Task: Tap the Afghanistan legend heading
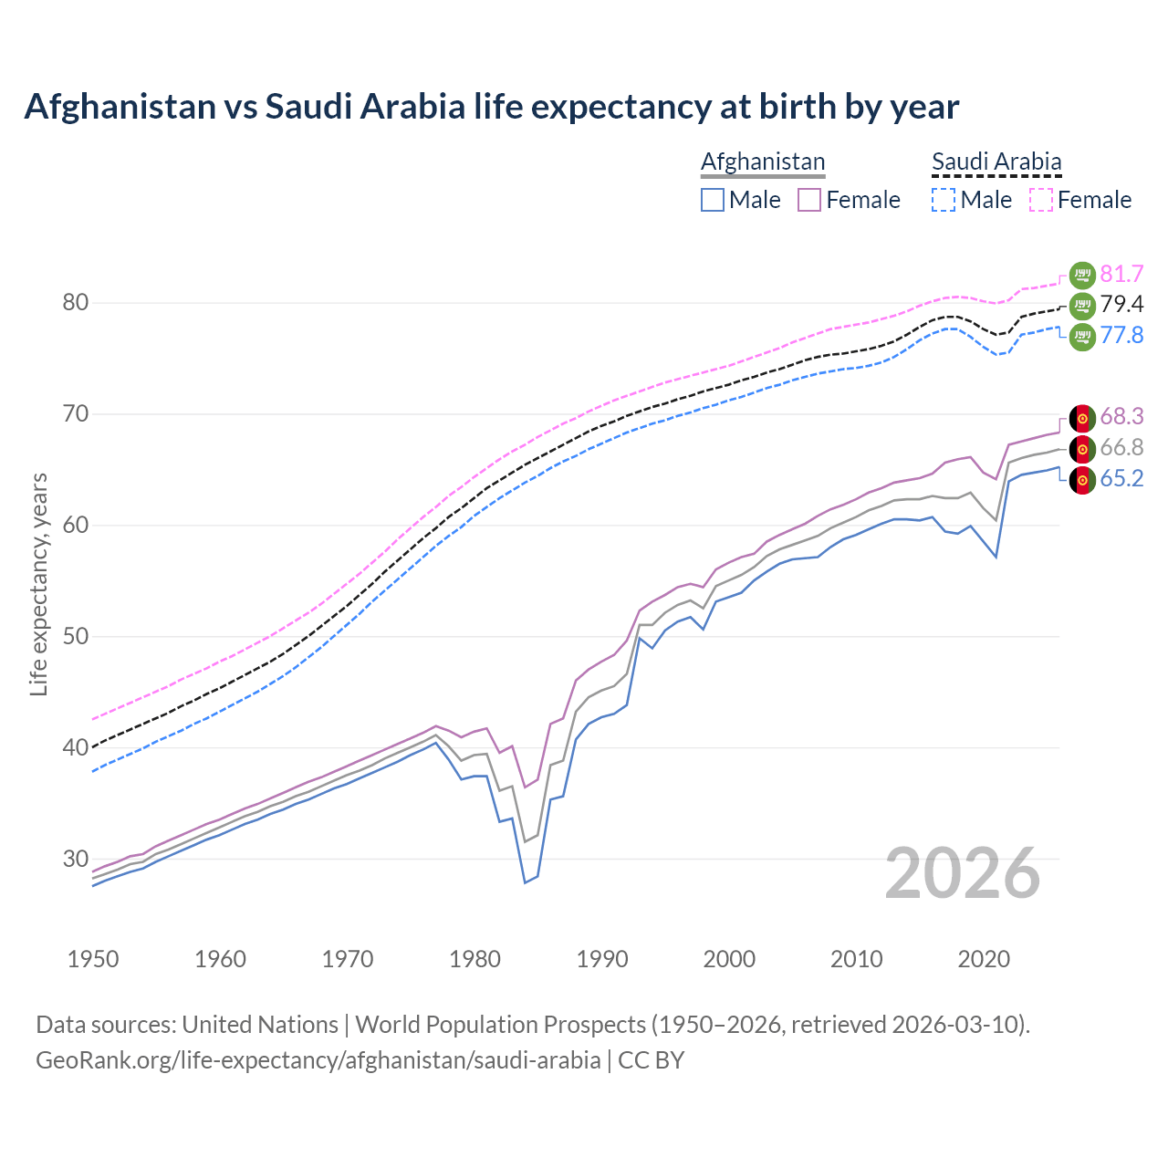763,162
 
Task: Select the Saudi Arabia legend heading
996,162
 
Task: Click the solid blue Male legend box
713,200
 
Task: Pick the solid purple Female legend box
810,200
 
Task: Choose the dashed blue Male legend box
944,200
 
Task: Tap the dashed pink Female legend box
1041,200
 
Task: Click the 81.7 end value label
1121,274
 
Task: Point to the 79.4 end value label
1121,305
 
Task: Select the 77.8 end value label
1121,336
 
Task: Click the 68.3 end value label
1121,417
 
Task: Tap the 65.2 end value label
1121,479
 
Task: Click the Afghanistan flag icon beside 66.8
1082,449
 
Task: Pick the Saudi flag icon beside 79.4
1082,306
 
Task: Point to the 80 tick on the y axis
75,303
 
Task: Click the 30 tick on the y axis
75,859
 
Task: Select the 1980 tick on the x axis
474,959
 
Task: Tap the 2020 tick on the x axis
984,959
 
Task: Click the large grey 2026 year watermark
963,873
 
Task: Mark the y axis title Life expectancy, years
38,584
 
